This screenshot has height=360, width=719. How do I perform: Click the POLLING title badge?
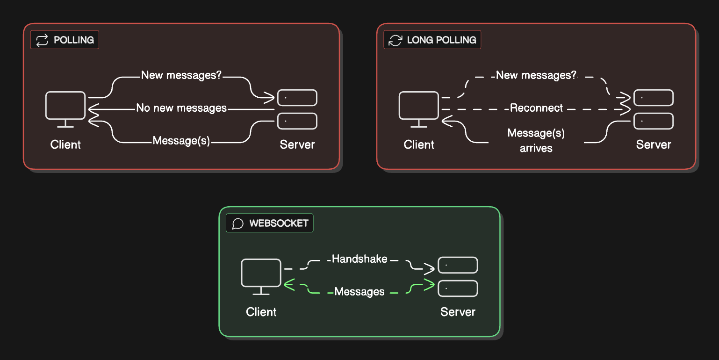point(65,40)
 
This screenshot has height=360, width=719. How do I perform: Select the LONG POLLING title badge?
point(432,40)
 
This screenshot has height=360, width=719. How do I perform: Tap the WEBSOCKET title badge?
point(270,223)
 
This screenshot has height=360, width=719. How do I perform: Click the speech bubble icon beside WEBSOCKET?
point(238,223)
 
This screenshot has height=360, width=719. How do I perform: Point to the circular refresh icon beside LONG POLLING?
point(395,40)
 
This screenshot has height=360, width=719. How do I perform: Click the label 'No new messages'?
point(181,108)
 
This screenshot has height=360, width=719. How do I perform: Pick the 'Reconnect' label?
point(536,108)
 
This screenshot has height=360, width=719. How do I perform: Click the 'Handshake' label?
point(359,259)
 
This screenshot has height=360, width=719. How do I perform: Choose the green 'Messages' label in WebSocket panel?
point(359,292)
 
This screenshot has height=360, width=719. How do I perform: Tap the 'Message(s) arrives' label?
point(536,141)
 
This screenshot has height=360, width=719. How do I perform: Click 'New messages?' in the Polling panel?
point(181,75)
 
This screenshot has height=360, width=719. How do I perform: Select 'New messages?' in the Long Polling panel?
point(536,75)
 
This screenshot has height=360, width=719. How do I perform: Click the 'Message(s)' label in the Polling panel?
point(181,141)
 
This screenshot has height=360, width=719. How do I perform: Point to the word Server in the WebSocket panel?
point(458,312)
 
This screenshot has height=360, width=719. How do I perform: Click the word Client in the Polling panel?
point(65,144)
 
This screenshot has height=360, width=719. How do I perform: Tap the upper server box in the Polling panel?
point(297,98)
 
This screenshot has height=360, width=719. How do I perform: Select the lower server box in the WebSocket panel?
point(458,288)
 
